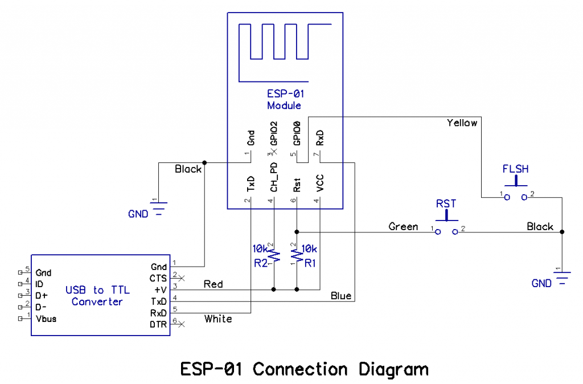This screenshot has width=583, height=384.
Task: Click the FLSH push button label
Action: (515, 169)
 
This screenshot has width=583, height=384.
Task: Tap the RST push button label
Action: (446, 204)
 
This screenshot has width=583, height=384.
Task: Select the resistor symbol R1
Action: (297, 255)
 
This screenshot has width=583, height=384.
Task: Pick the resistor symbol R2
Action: (274, 255)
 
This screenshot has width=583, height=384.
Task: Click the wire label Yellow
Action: (462, 123)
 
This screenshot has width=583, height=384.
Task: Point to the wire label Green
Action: (403, 227)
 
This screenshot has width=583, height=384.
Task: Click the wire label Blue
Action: (341, 296)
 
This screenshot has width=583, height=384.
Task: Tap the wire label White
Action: (218, 319)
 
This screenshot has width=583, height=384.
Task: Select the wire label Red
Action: (213, 284)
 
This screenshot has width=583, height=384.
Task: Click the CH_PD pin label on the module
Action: (274, 177)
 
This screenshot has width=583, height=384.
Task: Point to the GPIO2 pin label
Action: (274, 133)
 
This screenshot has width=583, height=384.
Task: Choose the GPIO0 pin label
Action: (297, 133)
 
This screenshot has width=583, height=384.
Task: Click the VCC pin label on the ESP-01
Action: (320, 183)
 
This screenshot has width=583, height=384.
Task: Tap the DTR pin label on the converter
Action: (158, 325)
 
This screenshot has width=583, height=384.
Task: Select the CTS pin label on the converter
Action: (158, 279)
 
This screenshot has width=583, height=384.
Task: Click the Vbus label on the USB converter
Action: (46, 319)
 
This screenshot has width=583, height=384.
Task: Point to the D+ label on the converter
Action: (41, 296)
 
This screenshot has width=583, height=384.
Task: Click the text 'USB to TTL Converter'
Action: (97, 296)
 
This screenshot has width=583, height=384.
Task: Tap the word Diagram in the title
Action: (393, 370)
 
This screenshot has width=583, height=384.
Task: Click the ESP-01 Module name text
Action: (285, 100)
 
